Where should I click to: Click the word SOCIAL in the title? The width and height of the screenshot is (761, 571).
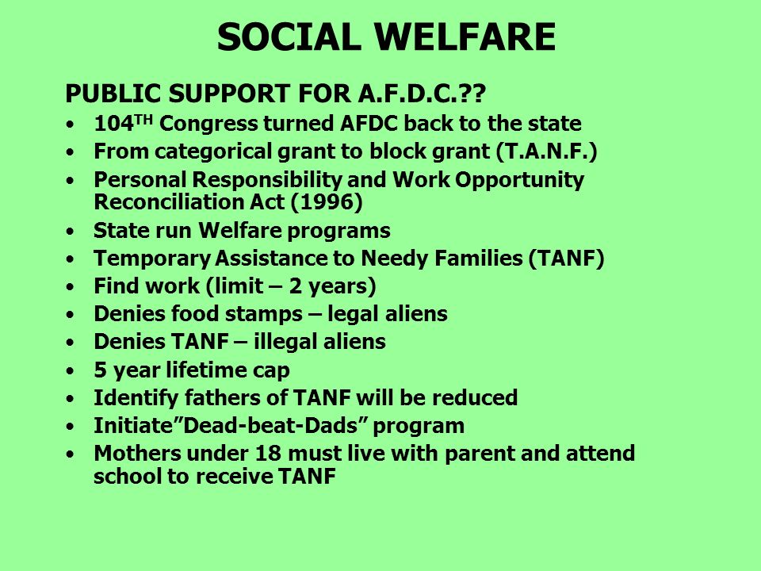pyautogui.click(x=289, y=37)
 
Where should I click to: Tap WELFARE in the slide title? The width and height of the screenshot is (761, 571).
pyautogui.click(x=465, y=37)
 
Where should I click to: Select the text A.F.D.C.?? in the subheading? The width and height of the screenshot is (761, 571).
pyautogui.click(x=422, y=94)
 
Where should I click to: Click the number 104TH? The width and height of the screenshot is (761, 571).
pyautogui.click(x=124, y=124)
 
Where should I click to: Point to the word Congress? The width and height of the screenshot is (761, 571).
pyautogui.click(x=208, y=125)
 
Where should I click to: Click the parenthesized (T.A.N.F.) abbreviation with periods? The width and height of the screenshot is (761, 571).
pyautogui.click(x=546, y=151)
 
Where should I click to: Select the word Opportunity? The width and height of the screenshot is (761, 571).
pyautogui.click(x=519, y=181)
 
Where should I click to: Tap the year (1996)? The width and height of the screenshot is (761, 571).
pyautogui.click(x=327, y=202)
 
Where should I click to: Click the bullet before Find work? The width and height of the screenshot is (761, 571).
pyautogui.click(x=71, y=287)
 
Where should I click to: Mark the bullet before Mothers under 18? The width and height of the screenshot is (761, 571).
pyautogui.click(x=71, y=454)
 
